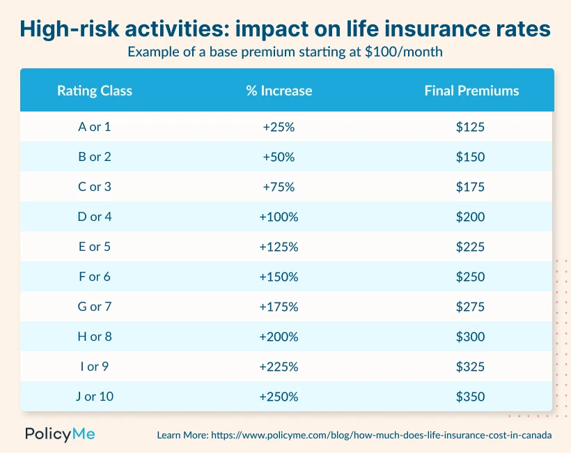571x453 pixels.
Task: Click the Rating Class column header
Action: coord(95,91)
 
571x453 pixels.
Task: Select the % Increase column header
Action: coord(279,91)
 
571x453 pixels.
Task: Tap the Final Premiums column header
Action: coord(471,91)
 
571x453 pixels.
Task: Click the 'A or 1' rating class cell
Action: coord(95,127)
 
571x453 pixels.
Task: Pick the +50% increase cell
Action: coord(279,157)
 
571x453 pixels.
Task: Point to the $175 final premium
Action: coord(470,187)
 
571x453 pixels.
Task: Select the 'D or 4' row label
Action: coord(95,217)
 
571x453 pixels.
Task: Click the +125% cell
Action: coord(279,247)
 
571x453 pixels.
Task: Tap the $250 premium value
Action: coord(470,277)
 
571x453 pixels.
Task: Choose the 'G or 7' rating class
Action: coord(95,307)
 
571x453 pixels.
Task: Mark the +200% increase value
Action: coord(279,337)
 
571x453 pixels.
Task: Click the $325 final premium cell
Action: coord(470,367)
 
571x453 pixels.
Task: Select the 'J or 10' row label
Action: coord(95,397)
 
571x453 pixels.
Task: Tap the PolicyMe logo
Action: coord(60,434)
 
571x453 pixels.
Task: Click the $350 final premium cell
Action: coord(470,397)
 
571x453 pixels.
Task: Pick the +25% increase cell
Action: coord(279,127)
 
